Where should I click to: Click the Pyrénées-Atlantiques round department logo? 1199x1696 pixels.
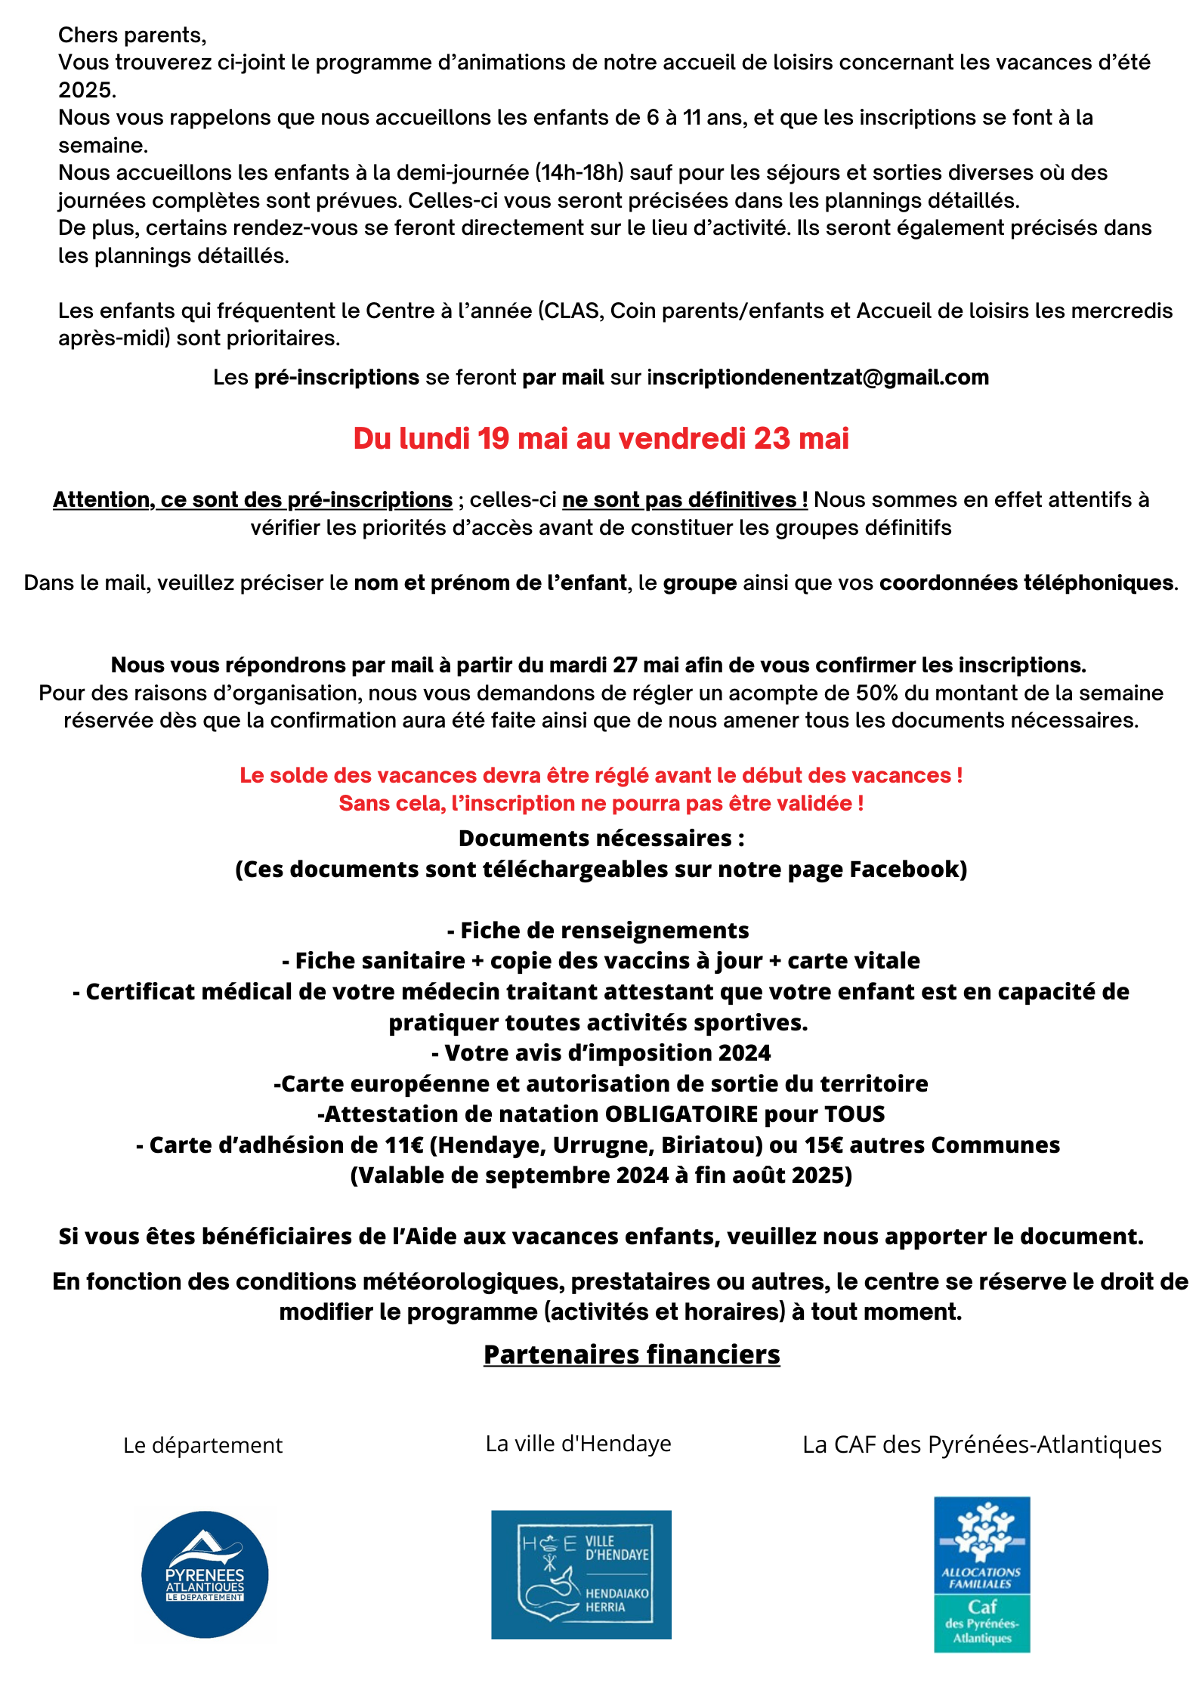tap(205, 1574)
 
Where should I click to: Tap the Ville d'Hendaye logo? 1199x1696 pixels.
tap(581, 1574)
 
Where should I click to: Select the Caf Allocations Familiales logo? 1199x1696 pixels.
tap(981, 1574)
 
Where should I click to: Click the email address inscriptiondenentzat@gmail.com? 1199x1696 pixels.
tap(817, 377)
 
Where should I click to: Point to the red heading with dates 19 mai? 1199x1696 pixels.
tap(601, 438)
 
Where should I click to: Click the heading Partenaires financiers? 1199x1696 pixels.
tap(632, 1354)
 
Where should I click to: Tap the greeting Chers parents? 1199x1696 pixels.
tap(132, 35)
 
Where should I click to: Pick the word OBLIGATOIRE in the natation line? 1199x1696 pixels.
tap(681, 1114)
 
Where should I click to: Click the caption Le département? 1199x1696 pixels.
tap(202, 1444)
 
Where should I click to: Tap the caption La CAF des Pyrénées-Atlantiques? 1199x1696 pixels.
tap(981, 1444)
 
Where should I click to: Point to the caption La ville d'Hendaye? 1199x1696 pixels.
tap(578, 1443)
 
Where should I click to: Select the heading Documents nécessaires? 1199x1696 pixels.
tap(601, 838)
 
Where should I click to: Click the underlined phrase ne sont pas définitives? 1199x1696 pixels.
tap(684, 499)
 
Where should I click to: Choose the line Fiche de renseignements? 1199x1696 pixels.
tap(598, 930)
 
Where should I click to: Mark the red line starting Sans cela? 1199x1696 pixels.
tap(601, 803)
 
